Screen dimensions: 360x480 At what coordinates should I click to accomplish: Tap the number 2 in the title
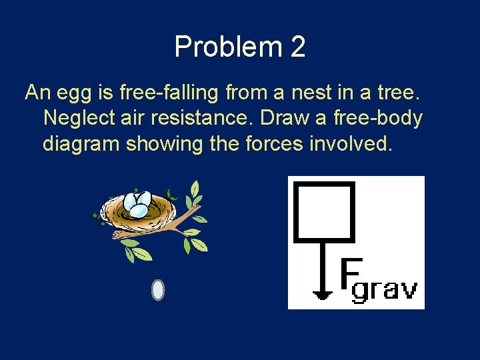pos(297,47)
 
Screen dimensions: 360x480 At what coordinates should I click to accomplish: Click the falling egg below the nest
pos(158,290)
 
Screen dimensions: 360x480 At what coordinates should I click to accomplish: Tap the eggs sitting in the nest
pos(138,204)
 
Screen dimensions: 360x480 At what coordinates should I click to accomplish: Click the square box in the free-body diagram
pos(324,211)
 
